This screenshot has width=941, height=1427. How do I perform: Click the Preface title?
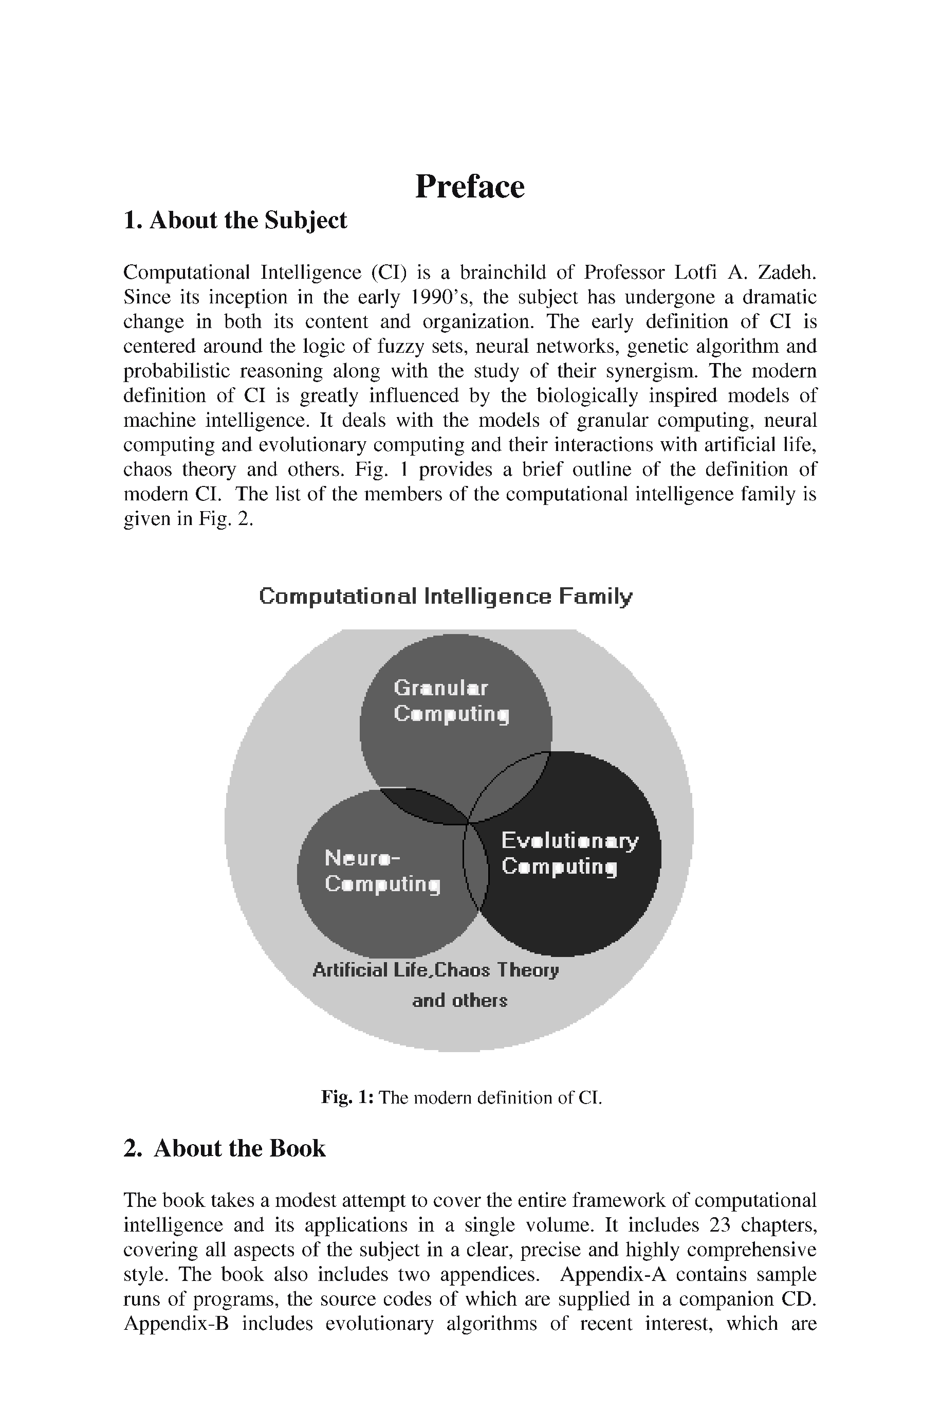469,186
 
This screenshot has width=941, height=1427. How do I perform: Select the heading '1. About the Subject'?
235,220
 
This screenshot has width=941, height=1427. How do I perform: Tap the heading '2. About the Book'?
225,1148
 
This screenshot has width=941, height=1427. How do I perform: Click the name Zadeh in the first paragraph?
787,273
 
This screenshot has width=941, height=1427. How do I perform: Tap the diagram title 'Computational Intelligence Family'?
445,597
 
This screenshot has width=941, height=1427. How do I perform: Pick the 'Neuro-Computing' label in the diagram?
382,871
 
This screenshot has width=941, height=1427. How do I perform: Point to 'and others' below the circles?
459,1001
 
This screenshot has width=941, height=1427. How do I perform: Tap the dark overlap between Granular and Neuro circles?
425,806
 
